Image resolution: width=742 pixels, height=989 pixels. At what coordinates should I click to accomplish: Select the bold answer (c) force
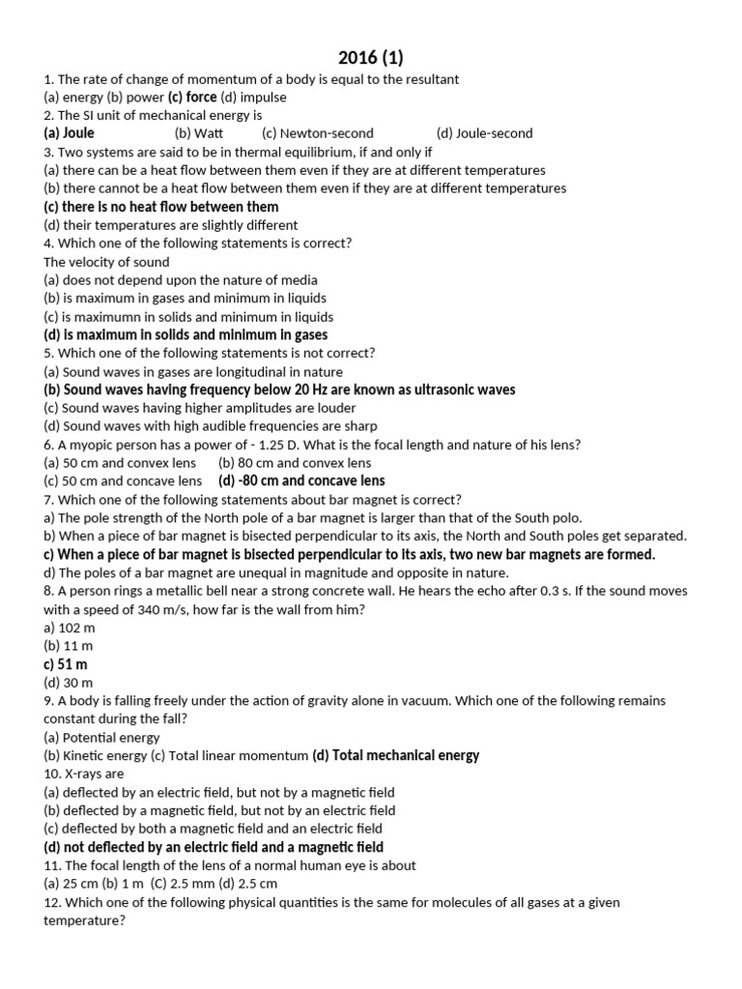(x=193, y=97)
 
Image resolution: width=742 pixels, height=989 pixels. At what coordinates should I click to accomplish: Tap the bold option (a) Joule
(x=70, y=133)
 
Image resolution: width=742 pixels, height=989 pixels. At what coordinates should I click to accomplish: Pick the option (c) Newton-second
(x=317, y=133)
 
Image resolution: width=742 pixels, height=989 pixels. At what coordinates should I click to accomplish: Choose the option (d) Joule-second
(x=484, y=133)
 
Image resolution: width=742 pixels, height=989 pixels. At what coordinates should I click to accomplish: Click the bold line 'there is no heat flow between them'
(x=161, y=207)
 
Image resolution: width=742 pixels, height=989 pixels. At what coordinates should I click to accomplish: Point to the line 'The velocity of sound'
(x=106, y=262)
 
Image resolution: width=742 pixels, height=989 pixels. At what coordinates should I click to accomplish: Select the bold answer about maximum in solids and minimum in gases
(x=185, y=335)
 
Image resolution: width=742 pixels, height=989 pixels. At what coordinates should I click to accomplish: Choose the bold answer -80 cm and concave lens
(x=301, y=480)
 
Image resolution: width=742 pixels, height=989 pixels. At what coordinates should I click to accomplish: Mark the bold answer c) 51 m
(x=66, y=664)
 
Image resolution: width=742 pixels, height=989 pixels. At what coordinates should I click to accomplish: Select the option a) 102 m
(x=70, y=628)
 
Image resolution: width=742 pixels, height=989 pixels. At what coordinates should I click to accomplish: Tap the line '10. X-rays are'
(x=84, y=774)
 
